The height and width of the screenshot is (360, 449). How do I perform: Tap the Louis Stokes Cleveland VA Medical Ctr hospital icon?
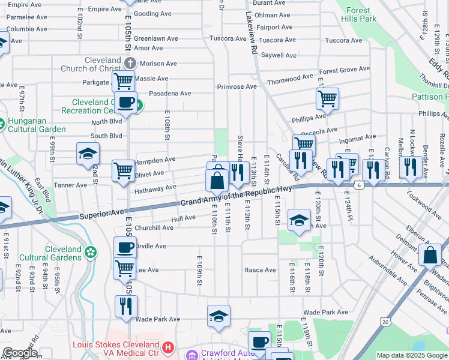point(168,347)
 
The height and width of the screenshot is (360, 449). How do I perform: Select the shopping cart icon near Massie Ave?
point(124,80)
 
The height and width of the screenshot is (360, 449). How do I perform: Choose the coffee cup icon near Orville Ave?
point(125,247)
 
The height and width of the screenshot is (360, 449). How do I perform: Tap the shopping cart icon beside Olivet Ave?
point(123,170)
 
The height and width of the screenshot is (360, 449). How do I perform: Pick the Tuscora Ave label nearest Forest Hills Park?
point(343,40)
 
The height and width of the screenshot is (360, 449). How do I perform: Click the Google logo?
point(20,353)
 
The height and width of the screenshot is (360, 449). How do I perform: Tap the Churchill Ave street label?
point(154,228)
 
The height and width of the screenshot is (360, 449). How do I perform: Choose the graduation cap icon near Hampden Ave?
point(88,154)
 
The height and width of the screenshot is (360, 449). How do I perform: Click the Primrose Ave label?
point(237,86)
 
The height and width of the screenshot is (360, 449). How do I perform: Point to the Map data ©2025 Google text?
point(411,355)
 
